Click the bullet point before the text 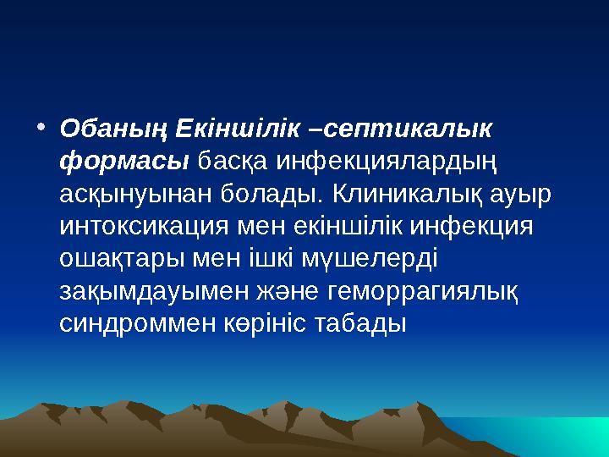[x=41, y=128]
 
